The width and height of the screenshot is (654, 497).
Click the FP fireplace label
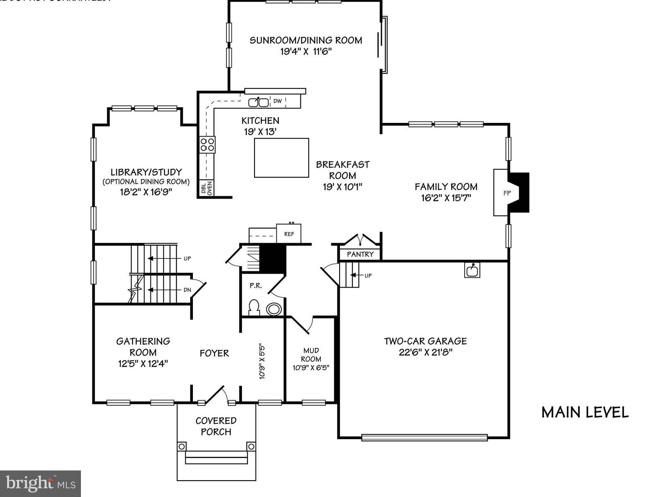[507, 193]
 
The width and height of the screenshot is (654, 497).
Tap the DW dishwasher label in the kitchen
[277, 101]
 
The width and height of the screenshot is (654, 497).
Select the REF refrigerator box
[289, 234]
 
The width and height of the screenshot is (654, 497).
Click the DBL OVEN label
[206, 188]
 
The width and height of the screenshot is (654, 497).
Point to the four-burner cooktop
[207, 145]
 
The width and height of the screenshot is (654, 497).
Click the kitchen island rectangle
[281, 158]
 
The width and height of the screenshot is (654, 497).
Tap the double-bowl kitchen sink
[258, 103]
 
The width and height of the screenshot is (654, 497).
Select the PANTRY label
[360, 254]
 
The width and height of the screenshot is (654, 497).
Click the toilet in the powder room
[254, 307]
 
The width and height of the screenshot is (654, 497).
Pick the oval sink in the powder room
[274, 309]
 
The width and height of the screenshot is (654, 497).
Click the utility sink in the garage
[472, 270]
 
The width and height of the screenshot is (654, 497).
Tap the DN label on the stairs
[187, 290]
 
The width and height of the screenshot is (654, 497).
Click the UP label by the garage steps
[368, 276]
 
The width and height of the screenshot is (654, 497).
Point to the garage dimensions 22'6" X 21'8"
[425, 352]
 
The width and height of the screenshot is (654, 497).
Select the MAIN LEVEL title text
[585, 413]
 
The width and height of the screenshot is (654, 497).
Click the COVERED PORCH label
[216, 426]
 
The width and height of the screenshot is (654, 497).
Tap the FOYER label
[214, 353]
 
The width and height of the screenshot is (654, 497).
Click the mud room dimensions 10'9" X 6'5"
[311, 368]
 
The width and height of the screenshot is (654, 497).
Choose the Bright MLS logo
[40, 483]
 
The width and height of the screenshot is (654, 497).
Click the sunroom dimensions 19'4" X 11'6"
[306, 51]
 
